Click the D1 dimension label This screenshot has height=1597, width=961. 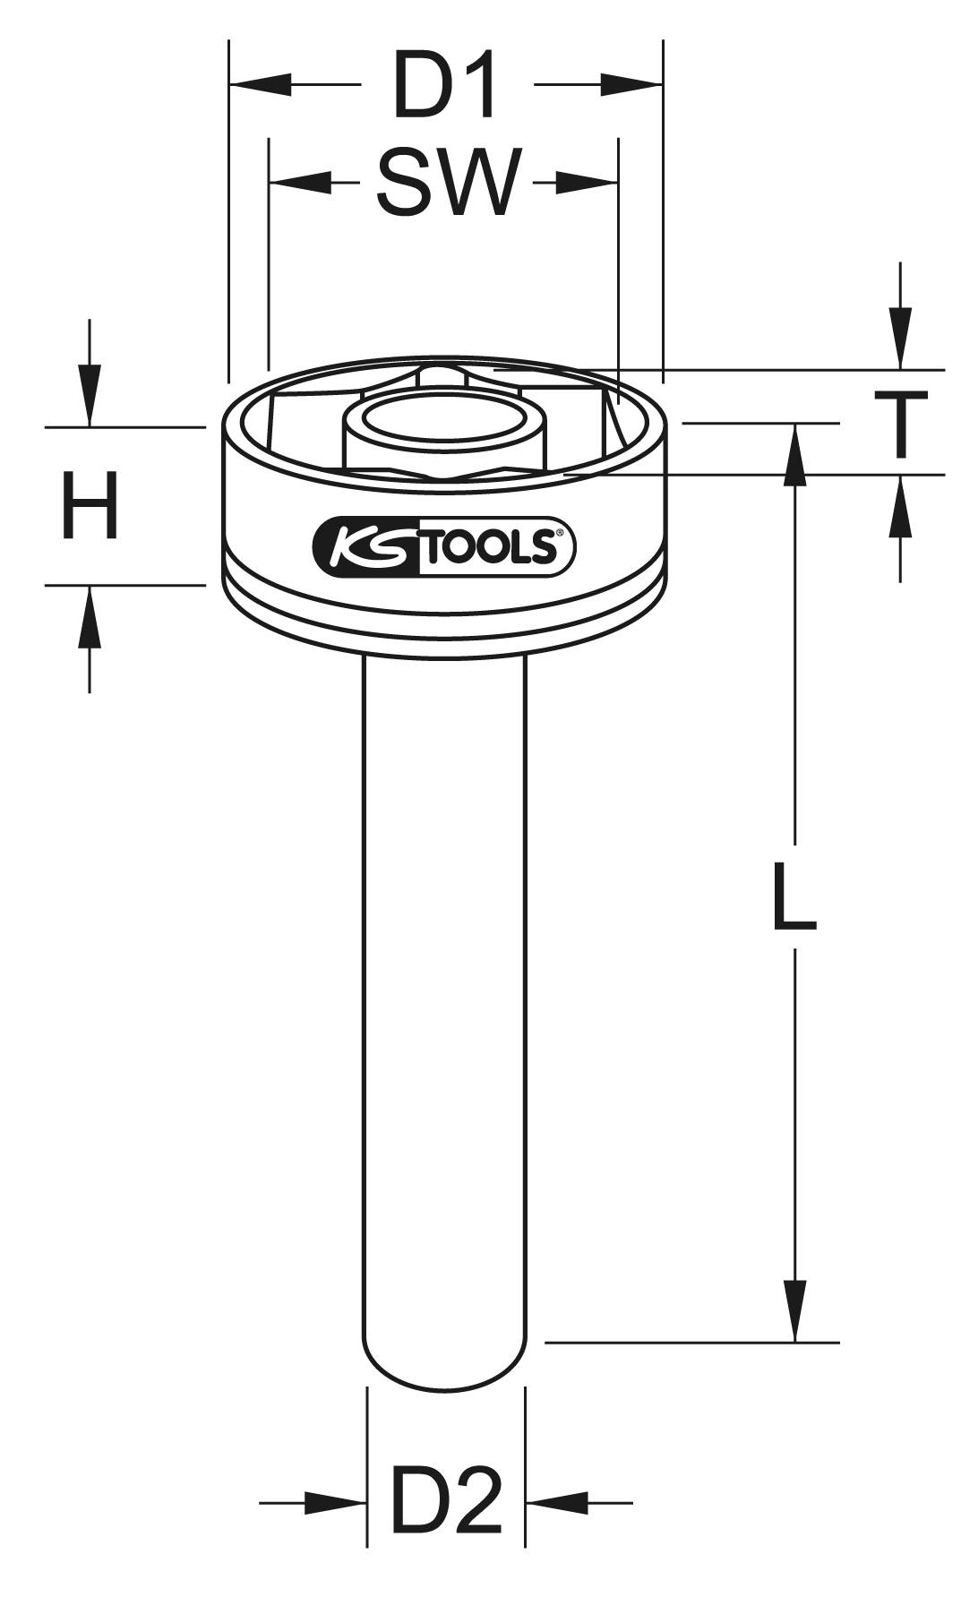coord(444,87)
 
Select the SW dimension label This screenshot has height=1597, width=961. coord(448,183)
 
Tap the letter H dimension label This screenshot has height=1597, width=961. coord(89,506)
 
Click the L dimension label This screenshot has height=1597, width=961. coord(794,894)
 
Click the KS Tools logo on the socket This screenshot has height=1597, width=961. coord(443,546)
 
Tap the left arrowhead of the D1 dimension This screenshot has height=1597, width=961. coord(260,86)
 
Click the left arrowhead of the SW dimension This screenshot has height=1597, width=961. coord(299,183)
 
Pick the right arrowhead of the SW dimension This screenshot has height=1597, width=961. coord(588,183)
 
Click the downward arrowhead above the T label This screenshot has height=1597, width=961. coord(901,338)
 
